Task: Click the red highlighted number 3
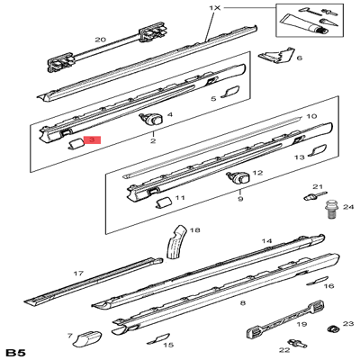click(x=93, y=140)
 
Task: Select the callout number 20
click(x=100, y=39)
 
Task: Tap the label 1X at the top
click(x=214, y=7)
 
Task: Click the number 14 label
click(x=266, y=242)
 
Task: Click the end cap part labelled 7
click(x=87, y=339)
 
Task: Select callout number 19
click(x=302, y=324)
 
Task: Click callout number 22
click(x=283, y=350)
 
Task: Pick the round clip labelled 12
click(x=240, y=176)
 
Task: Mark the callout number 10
click(x=312, y=117)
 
